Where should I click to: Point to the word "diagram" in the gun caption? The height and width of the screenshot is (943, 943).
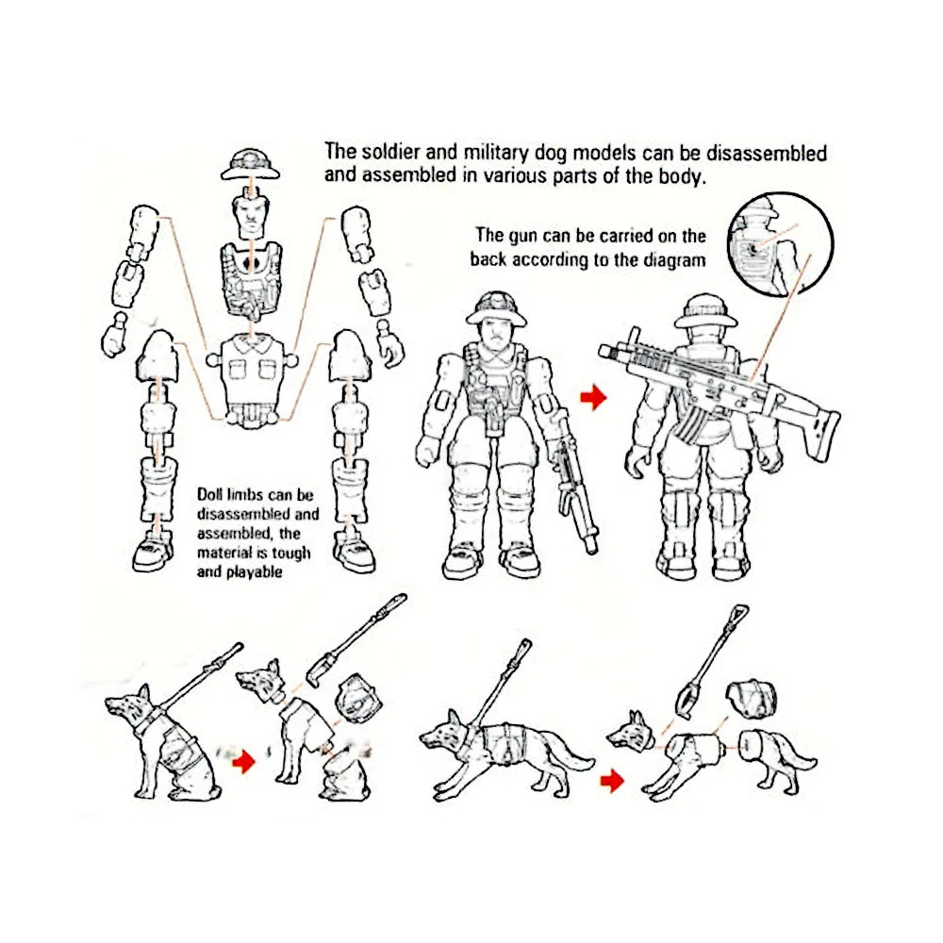673,260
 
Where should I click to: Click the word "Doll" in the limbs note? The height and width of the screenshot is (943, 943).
214,493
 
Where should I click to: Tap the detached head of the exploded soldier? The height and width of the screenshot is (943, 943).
251,214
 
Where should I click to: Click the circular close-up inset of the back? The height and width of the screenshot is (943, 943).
780,238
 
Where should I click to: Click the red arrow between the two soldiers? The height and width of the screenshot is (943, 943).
592,399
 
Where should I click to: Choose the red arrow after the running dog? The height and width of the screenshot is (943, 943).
614,779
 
